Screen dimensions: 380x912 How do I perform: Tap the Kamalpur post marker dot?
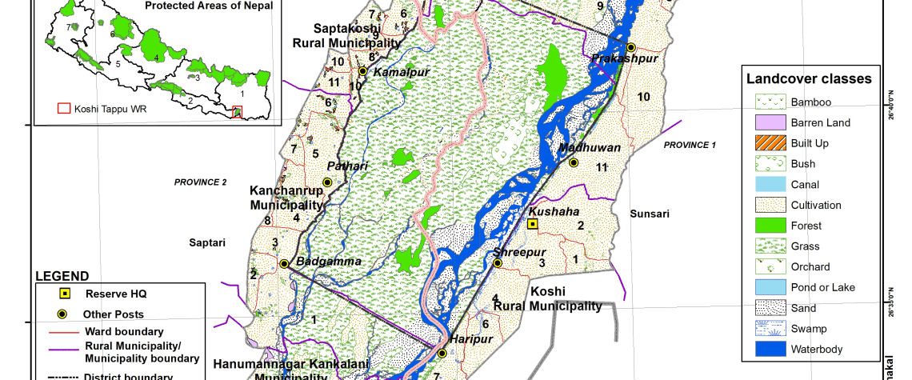[362, 71]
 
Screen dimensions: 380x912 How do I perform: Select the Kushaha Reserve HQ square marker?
[532, 224]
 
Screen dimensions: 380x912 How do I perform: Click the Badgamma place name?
[329, 262]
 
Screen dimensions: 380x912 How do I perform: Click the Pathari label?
[347, 166]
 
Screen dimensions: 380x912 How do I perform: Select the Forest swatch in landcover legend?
[769, 226]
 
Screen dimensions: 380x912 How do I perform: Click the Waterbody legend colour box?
[769, 349]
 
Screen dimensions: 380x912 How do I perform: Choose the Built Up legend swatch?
[769, 143]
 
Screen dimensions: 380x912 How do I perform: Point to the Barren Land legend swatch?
[769, 122]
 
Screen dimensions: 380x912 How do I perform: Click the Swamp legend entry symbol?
[769, 329]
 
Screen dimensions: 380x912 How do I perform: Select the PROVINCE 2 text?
[201, 182]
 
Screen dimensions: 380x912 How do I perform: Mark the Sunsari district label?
[650, 214]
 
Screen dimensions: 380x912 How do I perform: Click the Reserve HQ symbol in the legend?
[65, 294]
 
